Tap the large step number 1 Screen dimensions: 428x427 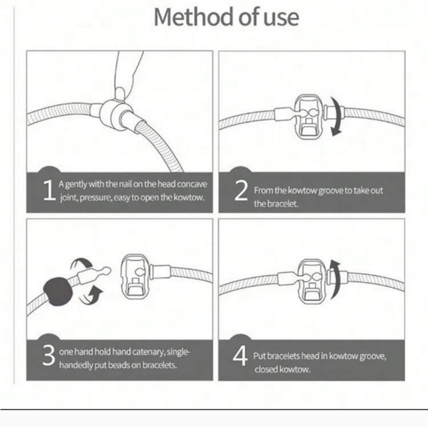[49, 190]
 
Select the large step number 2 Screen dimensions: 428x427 [241, 190]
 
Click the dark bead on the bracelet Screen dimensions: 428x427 [58, 291]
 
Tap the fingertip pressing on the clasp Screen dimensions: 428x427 [121, 93]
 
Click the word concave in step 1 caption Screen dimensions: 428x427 [192, 184]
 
